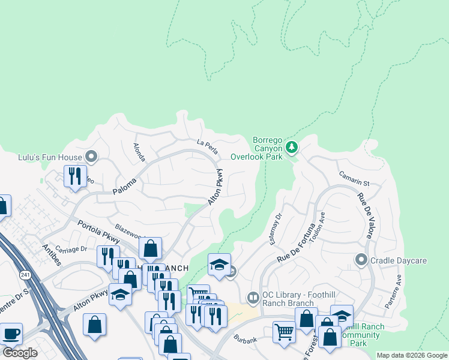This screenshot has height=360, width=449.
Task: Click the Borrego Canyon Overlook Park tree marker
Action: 292,147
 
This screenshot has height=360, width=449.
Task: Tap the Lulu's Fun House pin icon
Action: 91,157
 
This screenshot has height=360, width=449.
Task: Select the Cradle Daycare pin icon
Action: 361,260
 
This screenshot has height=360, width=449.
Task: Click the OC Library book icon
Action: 253,298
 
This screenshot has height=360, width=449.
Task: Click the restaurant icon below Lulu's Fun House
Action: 75,176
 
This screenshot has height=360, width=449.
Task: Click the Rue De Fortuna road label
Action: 296,243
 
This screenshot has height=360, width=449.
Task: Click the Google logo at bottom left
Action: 20,353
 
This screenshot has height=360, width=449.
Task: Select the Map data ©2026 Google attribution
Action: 412,355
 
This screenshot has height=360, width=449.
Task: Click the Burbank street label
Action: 245,340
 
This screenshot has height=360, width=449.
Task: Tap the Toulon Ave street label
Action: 321,224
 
